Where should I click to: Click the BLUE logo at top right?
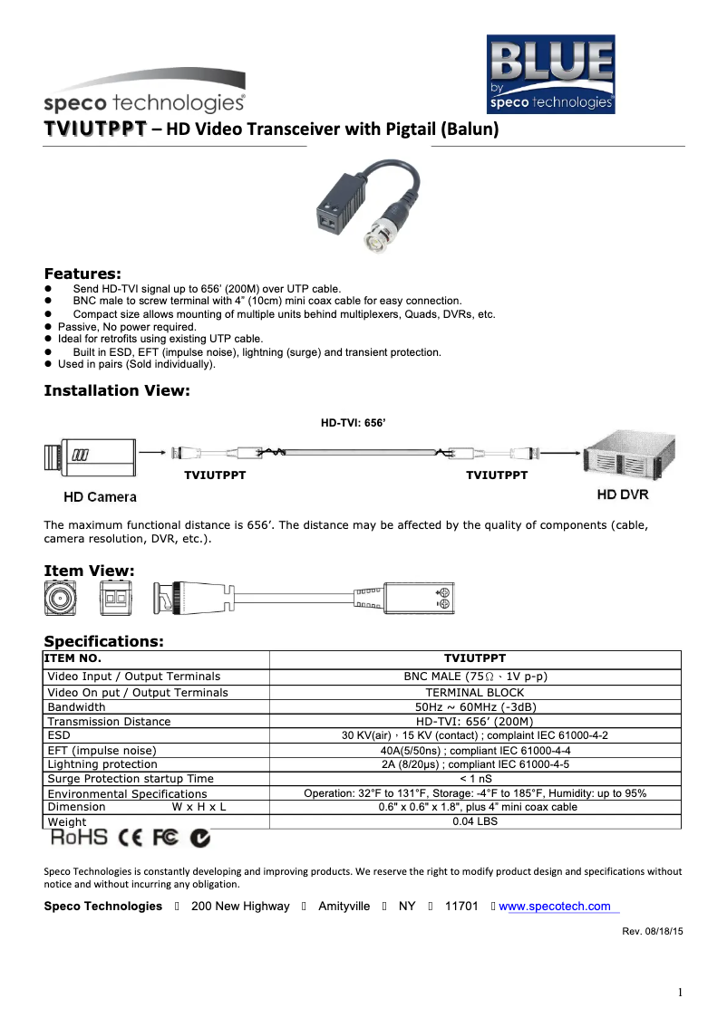coord(551,73)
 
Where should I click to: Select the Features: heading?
coord(82,274)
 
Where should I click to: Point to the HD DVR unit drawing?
coord(621,458)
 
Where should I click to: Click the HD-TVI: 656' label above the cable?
coord(354,422)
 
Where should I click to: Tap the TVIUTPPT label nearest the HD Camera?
coord(216,475)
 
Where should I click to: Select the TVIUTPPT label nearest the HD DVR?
coord(497,475)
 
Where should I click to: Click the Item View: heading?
coord(90,571)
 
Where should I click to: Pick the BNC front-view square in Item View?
coord(61,599)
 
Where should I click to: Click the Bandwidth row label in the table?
coord(76,706)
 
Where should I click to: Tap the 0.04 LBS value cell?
coord(475,821)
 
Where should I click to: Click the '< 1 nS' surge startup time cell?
coord(475,778)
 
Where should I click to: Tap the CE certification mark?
coord(131,840)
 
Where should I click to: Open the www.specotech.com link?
coord(555,907)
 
